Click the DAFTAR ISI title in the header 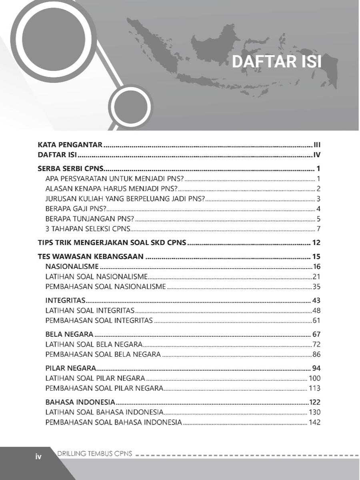[277, 62]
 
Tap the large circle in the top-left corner [53, 40]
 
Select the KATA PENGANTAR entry [70, 145]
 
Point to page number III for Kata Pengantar [317, 145]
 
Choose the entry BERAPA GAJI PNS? [76, 209]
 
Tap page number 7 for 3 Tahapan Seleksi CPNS [318, 229]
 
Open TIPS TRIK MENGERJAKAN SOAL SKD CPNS [112, 243]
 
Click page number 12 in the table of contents [316, 243]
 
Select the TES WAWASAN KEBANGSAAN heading [90, 257]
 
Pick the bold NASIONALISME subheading [72, 267]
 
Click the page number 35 [316, 287]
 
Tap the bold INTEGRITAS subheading [65, 300]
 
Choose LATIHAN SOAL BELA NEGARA [94, 344]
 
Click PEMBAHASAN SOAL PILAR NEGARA [104, 388]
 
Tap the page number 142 [314, 422]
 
